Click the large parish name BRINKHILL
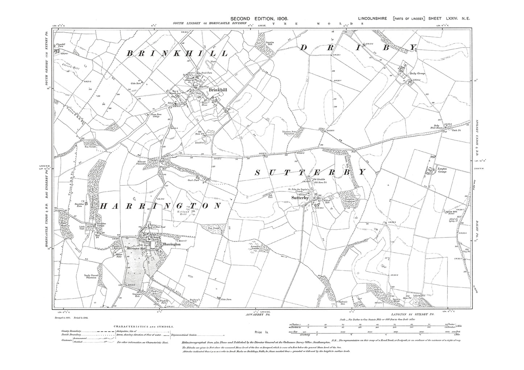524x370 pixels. coord(177,53)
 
